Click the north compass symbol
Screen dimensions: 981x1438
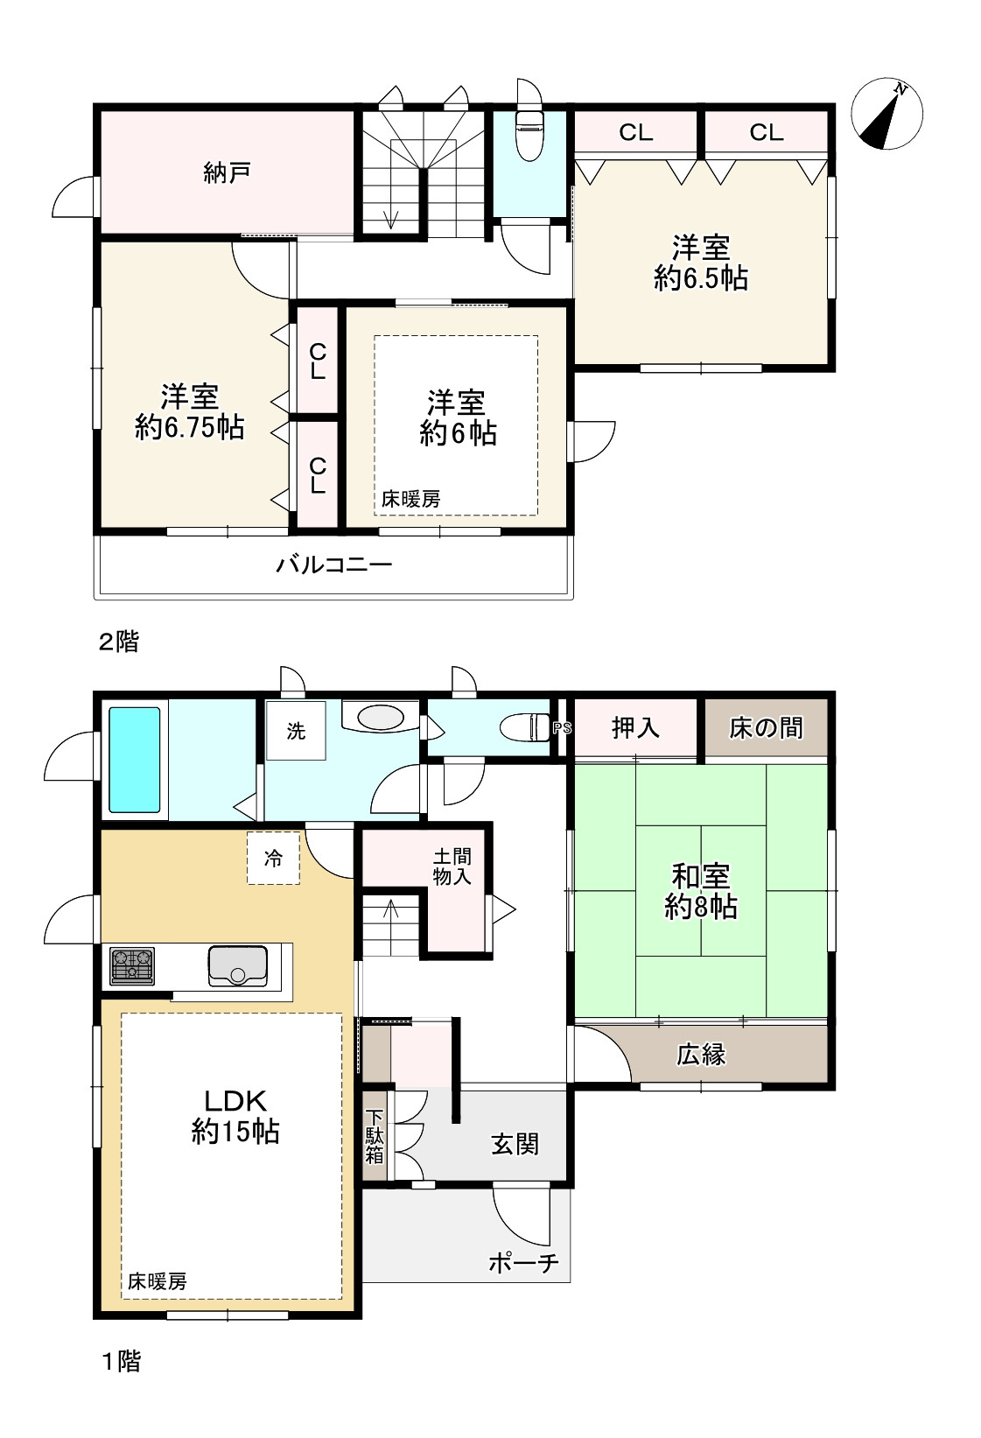(886, 115)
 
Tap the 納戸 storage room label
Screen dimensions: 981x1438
(227, 172)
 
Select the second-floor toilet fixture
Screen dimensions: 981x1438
(529, 134)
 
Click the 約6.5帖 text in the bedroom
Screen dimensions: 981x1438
(700, 278)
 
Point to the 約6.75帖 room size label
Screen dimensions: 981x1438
(189, 427)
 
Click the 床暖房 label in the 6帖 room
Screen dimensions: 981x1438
(410, 499)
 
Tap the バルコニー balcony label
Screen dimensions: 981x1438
(333, 565)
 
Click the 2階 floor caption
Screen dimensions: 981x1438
(119, 642)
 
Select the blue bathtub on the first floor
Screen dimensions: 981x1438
(134, 760)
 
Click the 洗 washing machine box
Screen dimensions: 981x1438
(296, 731)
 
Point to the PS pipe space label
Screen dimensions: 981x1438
(563, 728)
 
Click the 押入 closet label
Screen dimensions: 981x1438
(635, 728)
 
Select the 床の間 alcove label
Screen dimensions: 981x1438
(766, 728)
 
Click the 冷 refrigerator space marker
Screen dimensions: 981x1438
(274, 859)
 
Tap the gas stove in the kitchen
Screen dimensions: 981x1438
(132, 966)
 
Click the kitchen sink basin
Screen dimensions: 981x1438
(237, 965)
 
